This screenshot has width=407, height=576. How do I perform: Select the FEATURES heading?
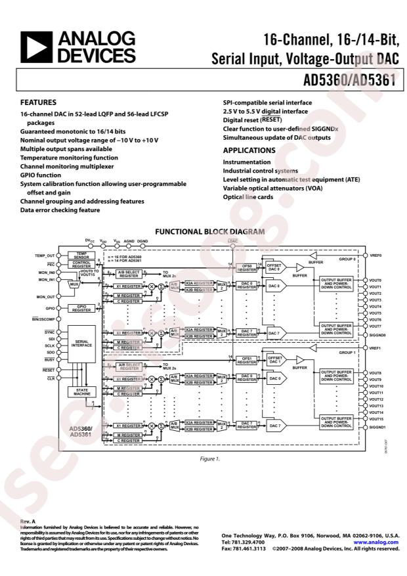[x=39, y=102]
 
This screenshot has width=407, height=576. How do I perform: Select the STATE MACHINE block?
[x=82, y=392]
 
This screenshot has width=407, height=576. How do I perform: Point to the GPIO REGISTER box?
[x=82, y=307]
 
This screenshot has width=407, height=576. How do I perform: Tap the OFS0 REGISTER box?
[x=246, y=267]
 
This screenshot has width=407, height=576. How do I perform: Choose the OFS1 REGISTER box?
[x=246, y=360]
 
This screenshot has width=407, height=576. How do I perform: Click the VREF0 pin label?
[x=375, y=255]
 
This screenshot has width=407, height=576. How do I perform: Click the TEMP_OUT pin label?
[x=45, y=255]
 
